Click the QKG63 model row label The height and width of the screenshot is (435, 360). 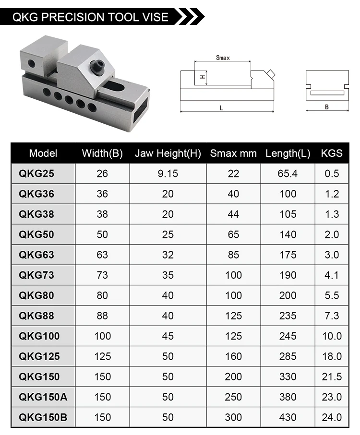[x=36, y=255]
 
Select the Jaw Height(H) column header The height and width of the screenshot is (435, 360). [x=168, y=153]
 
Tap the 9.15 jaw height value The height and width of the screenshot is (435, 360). [x=168, y=174]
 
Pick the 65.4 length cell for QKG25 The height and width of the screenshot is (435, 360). [x=288, y=174]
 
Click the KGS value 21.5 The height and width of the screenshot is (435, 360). [x=332, y=376]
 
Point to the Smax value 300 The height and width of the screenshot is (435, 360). [x=233, y=417]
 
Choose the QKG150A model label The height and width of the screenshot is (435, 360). [x=42, y=397]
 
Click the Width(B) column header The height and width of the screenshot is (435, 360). [x=102, y=153]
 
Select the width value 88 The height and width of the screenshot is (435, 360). [x=102, y=316]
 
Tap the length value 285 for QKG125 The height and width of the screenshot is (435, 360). [x=288, y=356]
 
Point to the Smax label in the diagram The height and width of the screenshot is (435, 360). [x=222, y=58]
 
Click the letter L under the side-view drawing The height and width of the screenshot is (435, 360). [x=221, y=108]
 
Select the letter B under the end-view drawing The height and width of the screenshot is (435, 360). [x=327, y=107]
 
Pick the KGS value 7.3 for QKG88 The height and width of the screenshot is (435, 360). [x=332, y=316]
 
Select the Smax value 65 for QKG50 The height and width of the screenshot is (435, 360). [x=233, y=235]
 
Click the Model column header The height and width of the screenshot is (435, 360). [x=43, y=153]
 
